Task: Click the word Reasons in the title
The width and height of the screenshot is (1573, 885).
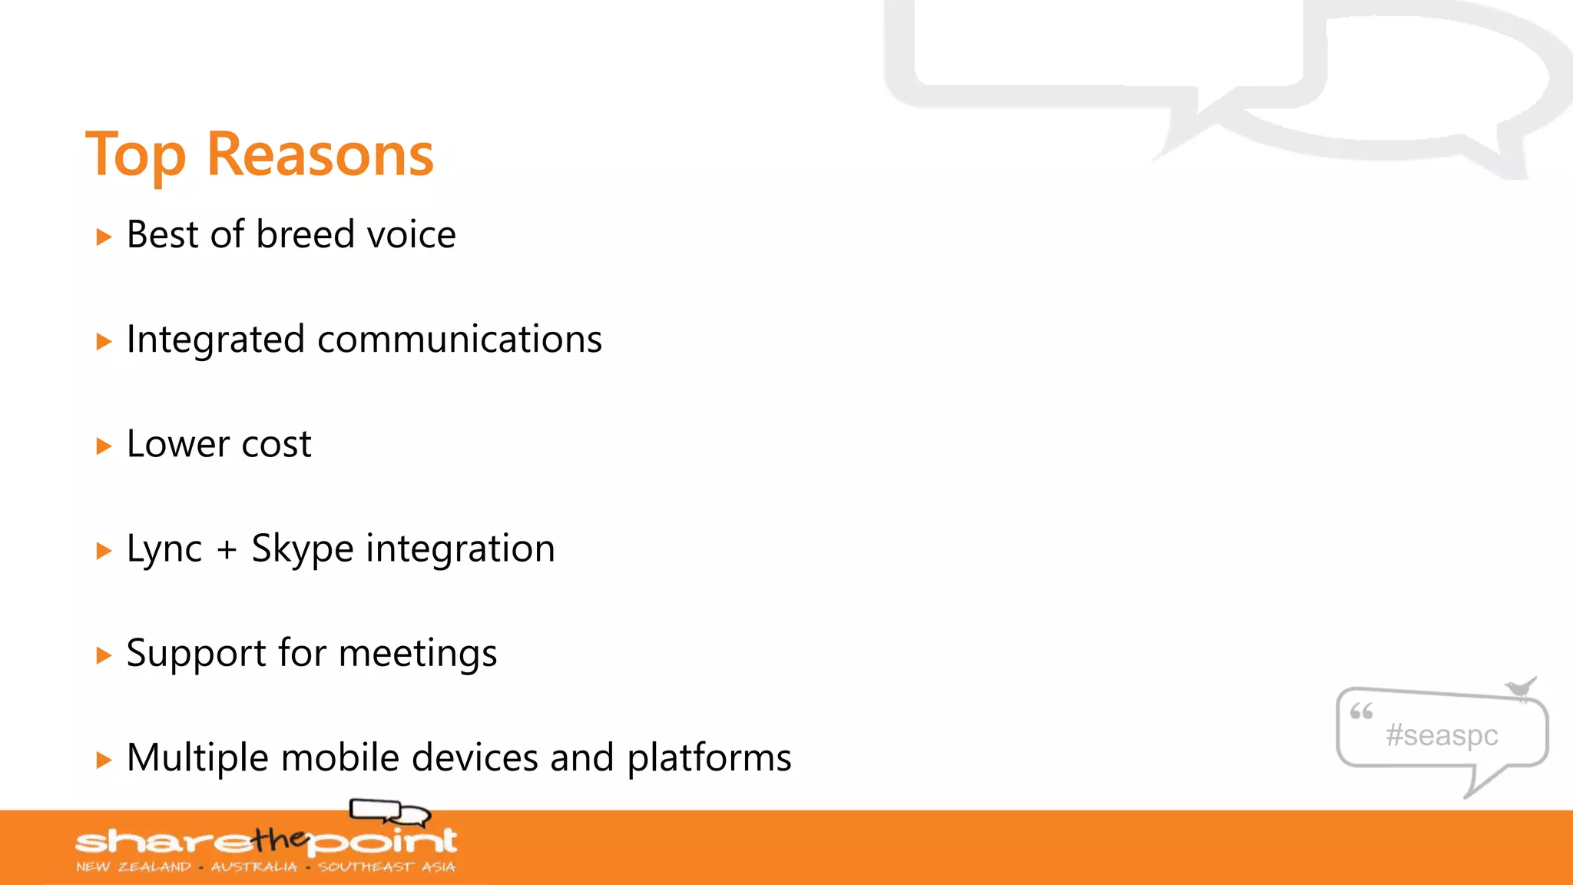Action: [x=320, y=154]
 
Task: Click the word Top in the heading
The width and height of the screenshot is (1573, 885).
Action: [x=136, y=156]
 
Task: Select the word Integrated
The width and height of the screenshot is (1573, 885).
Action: [x=215, y=340]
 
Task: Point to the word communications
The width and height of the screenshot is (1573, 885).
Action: [x=459, y=340]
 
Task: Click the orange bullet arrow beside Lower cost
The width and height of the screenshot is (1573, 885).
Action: [x=104, y=446]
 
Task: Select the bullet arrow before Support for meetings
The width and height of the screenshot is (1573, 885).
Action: [x=104, y=655]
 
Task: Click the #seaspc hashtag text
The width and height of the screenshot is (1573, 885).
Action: [x=1442, y=735]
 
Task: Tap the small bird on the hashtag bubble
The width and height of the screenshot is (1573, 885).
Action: [x=1520, y=687]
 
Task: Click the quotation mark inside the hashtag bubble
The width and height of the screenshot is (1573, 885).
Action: [x=1361, y=711]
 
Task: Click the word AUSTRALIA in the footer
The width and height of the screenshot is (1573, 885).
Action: [x=253, y=867]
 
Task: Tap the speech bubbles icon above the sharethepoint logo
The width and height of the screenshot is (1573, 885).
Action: [x=389, y=811]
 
